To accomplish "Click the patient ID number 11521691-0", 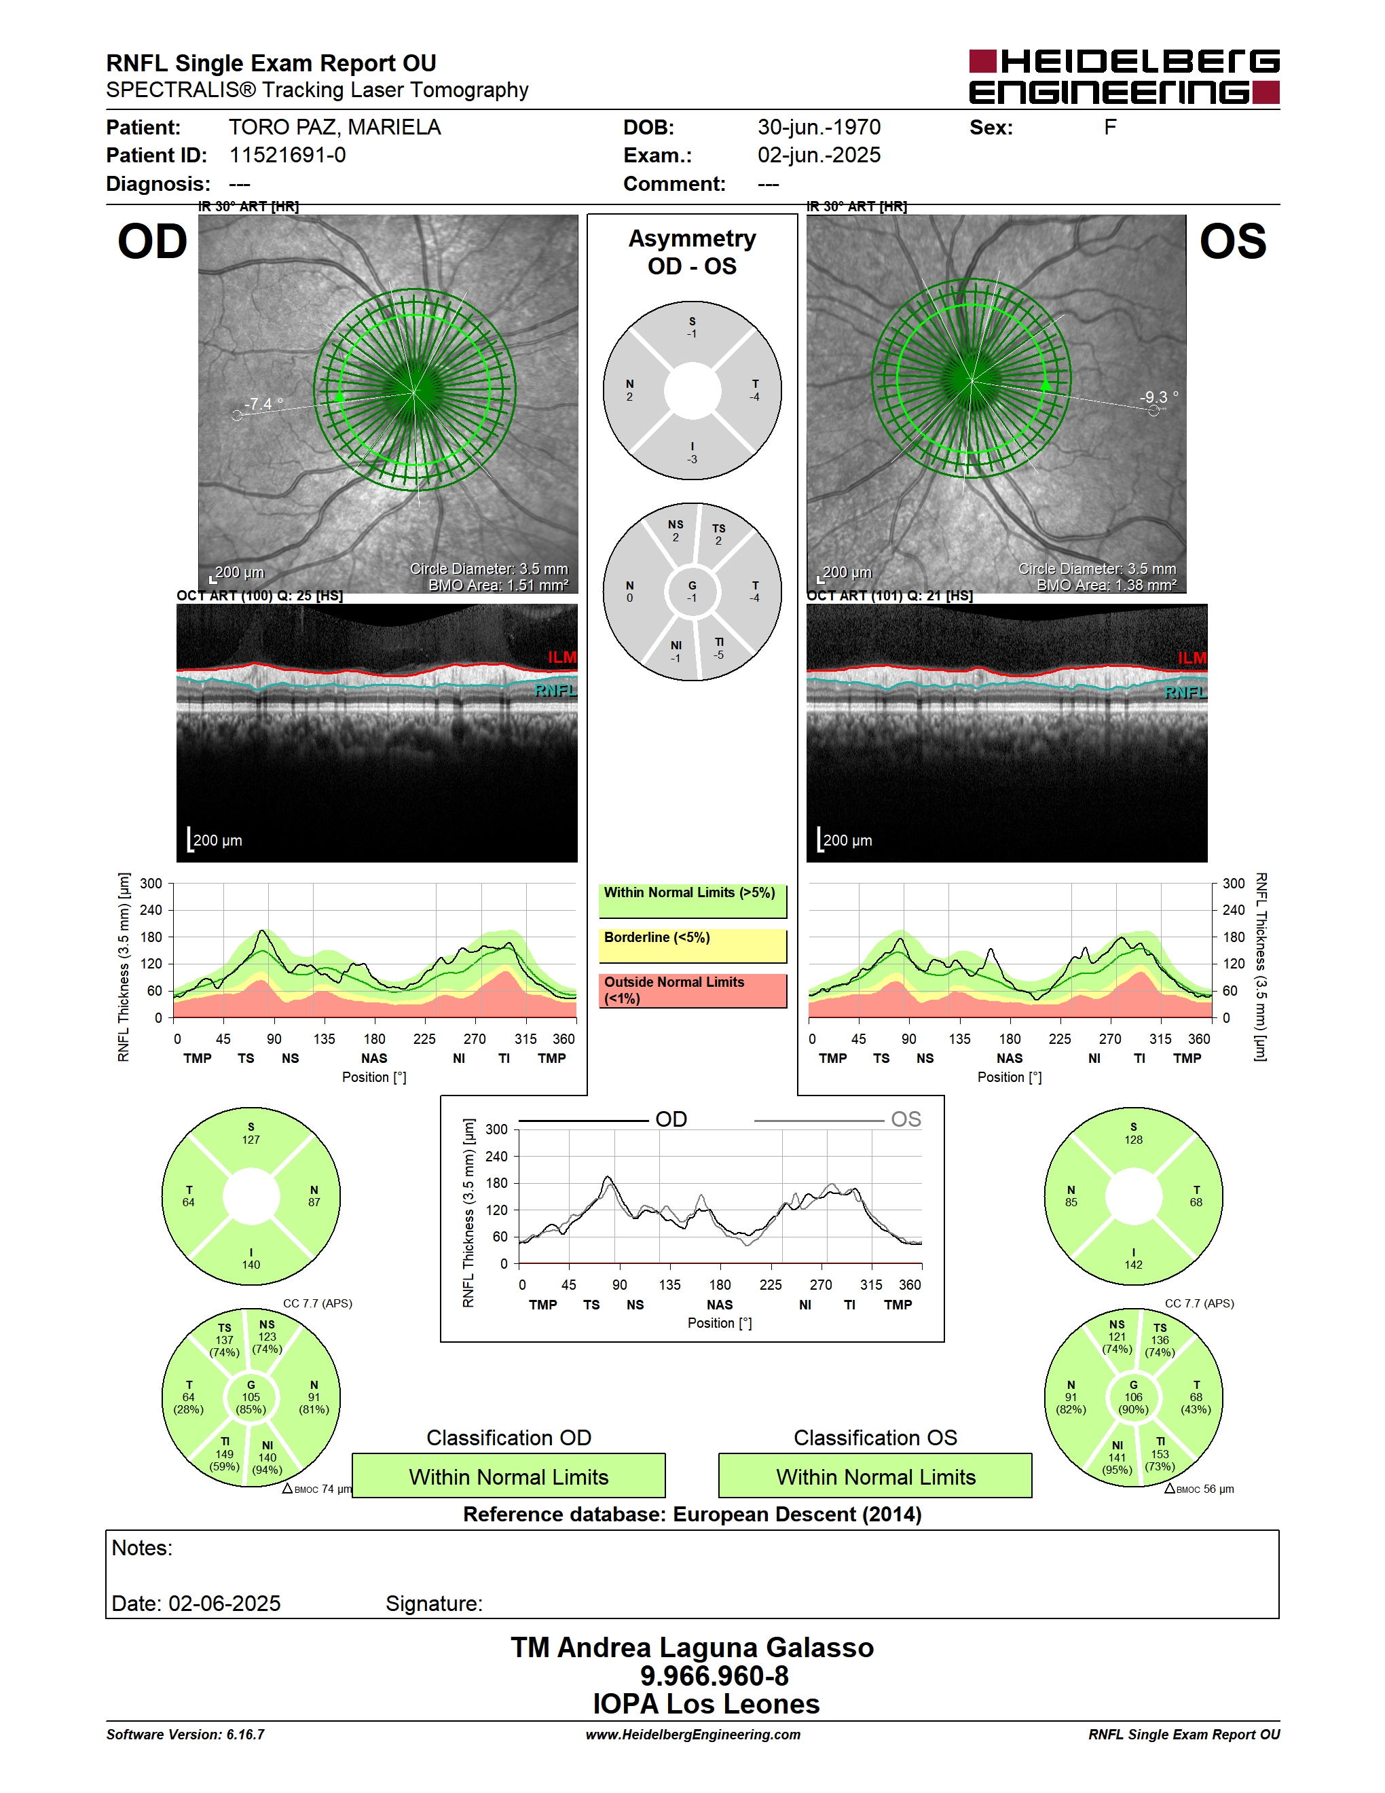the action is pos(287,155).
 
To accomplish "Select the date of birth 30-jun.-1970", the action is pos(819,127).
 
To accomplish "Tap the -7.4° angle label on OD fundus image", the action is pos(263,404).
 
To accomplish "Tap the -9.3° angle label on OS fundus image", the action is pos(1158,397).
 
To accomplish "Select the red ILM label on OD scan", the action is pos(562,657).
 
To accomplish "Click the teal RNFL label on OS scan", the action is pos(1185,693).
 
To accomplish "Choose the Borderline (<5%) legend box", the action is pos(692,946).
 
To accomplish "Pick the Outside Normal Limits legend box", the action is pos(692,990).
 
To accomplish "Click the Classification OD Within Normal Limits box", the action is pos(509,1476).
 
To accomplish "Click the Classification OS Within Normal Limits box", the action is pos(876,1476).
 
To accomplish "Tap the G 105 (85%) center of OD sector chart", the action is pos(251,1397).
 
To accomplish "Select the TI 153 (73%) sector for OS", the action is pos(1160,1454).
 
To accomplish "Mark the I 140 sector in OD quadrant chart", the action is pos(251,1258).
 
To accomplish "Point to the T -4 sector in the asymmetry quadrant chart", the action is pos(755,390).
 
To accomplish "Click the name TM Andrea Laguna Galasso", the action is pos(692,1648).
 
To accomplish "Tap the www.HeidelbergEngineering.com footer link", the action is pos(692,1735).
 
